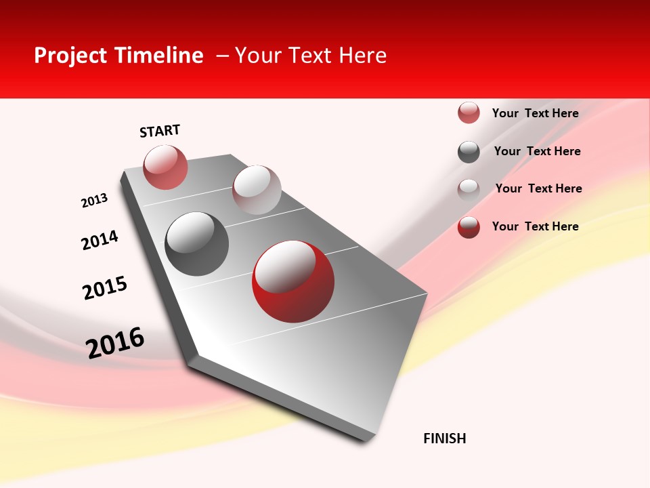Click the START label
coord(160,131)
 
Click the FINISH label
coord(445,439)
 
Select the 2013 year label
coord(94,201)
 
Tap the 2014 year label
coord(100,240)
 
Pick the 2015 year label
coord(105,288)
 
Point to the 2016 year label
coord(115,342)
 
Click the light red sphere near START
coord(165,167)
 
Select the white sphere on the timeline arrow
coord(257,190)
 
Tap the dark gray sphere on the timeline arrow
coord(197,244)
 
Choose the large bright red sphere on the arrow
coord(293,281)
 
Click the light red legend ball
coord(469,113)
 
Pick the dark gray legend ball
coord(469,152)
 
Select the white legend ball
coord(469,189)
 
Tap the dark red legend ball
coord(469,227)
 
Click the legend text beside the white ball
coord(538,188)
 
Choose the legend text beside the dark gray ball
coord(537,151)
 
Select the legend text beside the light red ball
coord(535,113)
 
